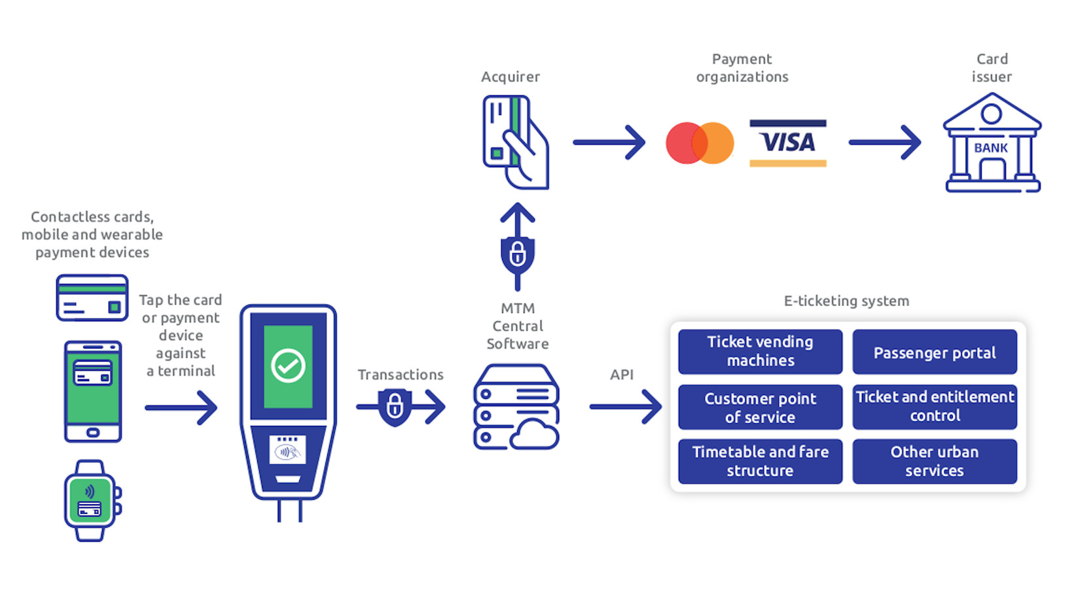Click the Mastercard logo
[700, 143]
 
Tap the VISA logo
[788, 143]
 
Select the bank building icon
[992, 144]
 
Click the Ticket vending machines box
[760, 351]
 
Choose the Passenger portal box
[935, 352]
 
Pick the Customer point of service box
[760, 407]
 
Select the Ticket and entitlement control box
[935, 406]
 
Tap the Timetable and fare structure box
[760, 461]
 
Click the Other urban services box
[935, 461]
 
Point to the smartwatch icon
[92, 501]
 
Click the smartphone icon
[93, 391]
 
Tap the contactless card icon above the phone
[92, 298]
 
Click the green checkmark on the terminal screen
[288, 366]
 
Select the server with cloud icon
[516, 407]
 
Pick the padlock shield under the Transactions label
[395, 407]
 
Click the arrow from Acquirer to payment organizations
[609, 143]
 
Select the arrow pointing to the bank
[885, 143]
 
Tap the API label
[622, 375]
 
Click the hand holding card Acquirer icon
[515, 143]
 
